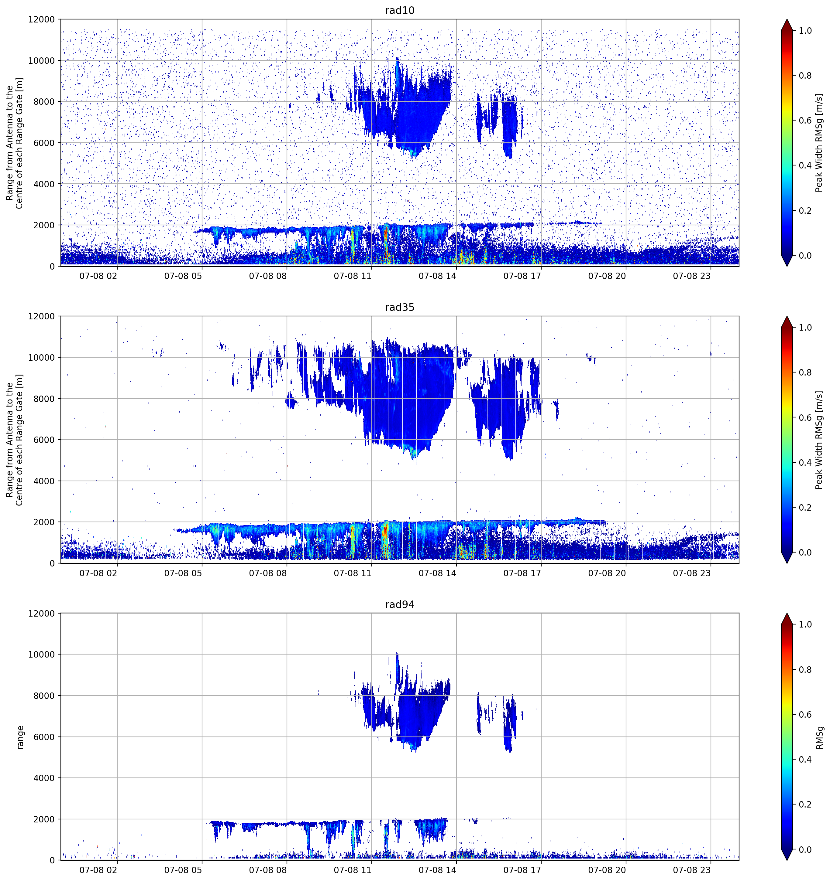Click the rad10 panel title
click(399, 10)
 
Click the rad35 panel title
click(399, 307)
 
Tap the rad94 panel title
click(399, 604)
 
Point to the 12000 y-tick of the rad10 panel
click(41, 19)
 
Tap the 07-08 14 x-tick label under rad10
click(437, 276)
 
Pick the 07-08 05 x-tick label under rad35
click(183, 573)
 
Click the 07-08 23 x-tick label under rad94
click(692, 870)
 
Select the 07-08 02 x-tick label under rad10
click(98, 276)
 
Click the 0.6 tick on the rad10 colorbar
click(805, 121)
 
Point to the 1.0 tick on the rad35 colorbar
click(805, 328)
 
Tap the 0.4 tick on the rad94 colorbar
click(805, 760)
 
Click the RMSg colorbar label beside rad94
click(819, 737)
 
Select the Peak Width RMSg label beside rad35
click(819, 440)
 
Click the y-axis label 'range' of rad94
click(20, 737)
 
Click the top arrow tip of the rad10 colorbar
click(787, 19)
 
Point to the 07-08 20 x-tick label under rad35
click(607, 573)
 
